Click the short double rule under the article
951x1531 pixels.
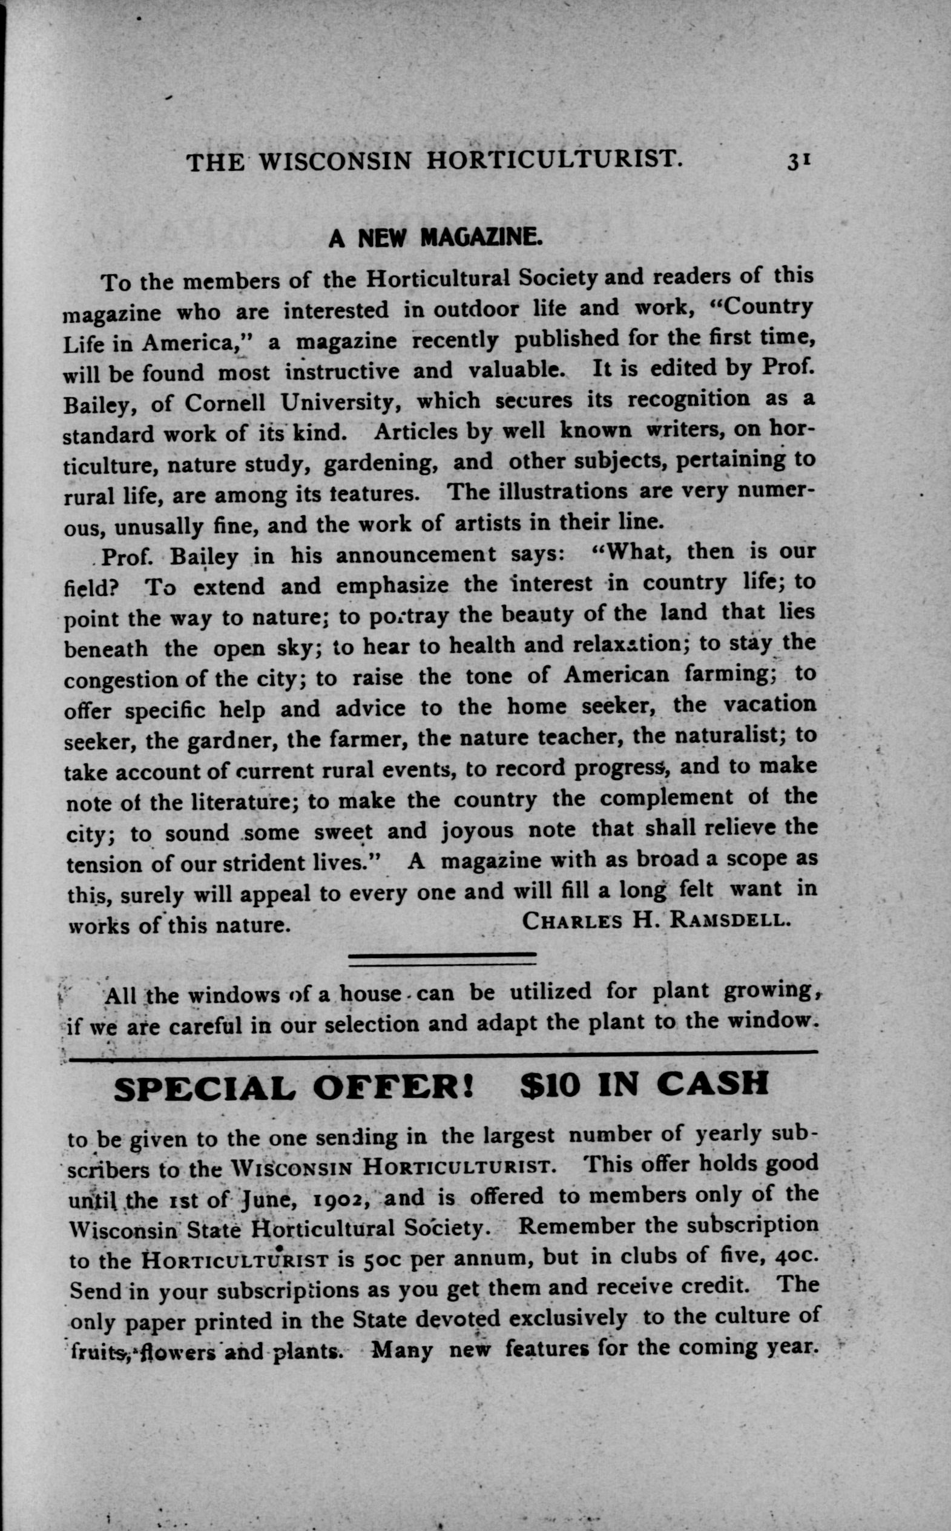[441, 957]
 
